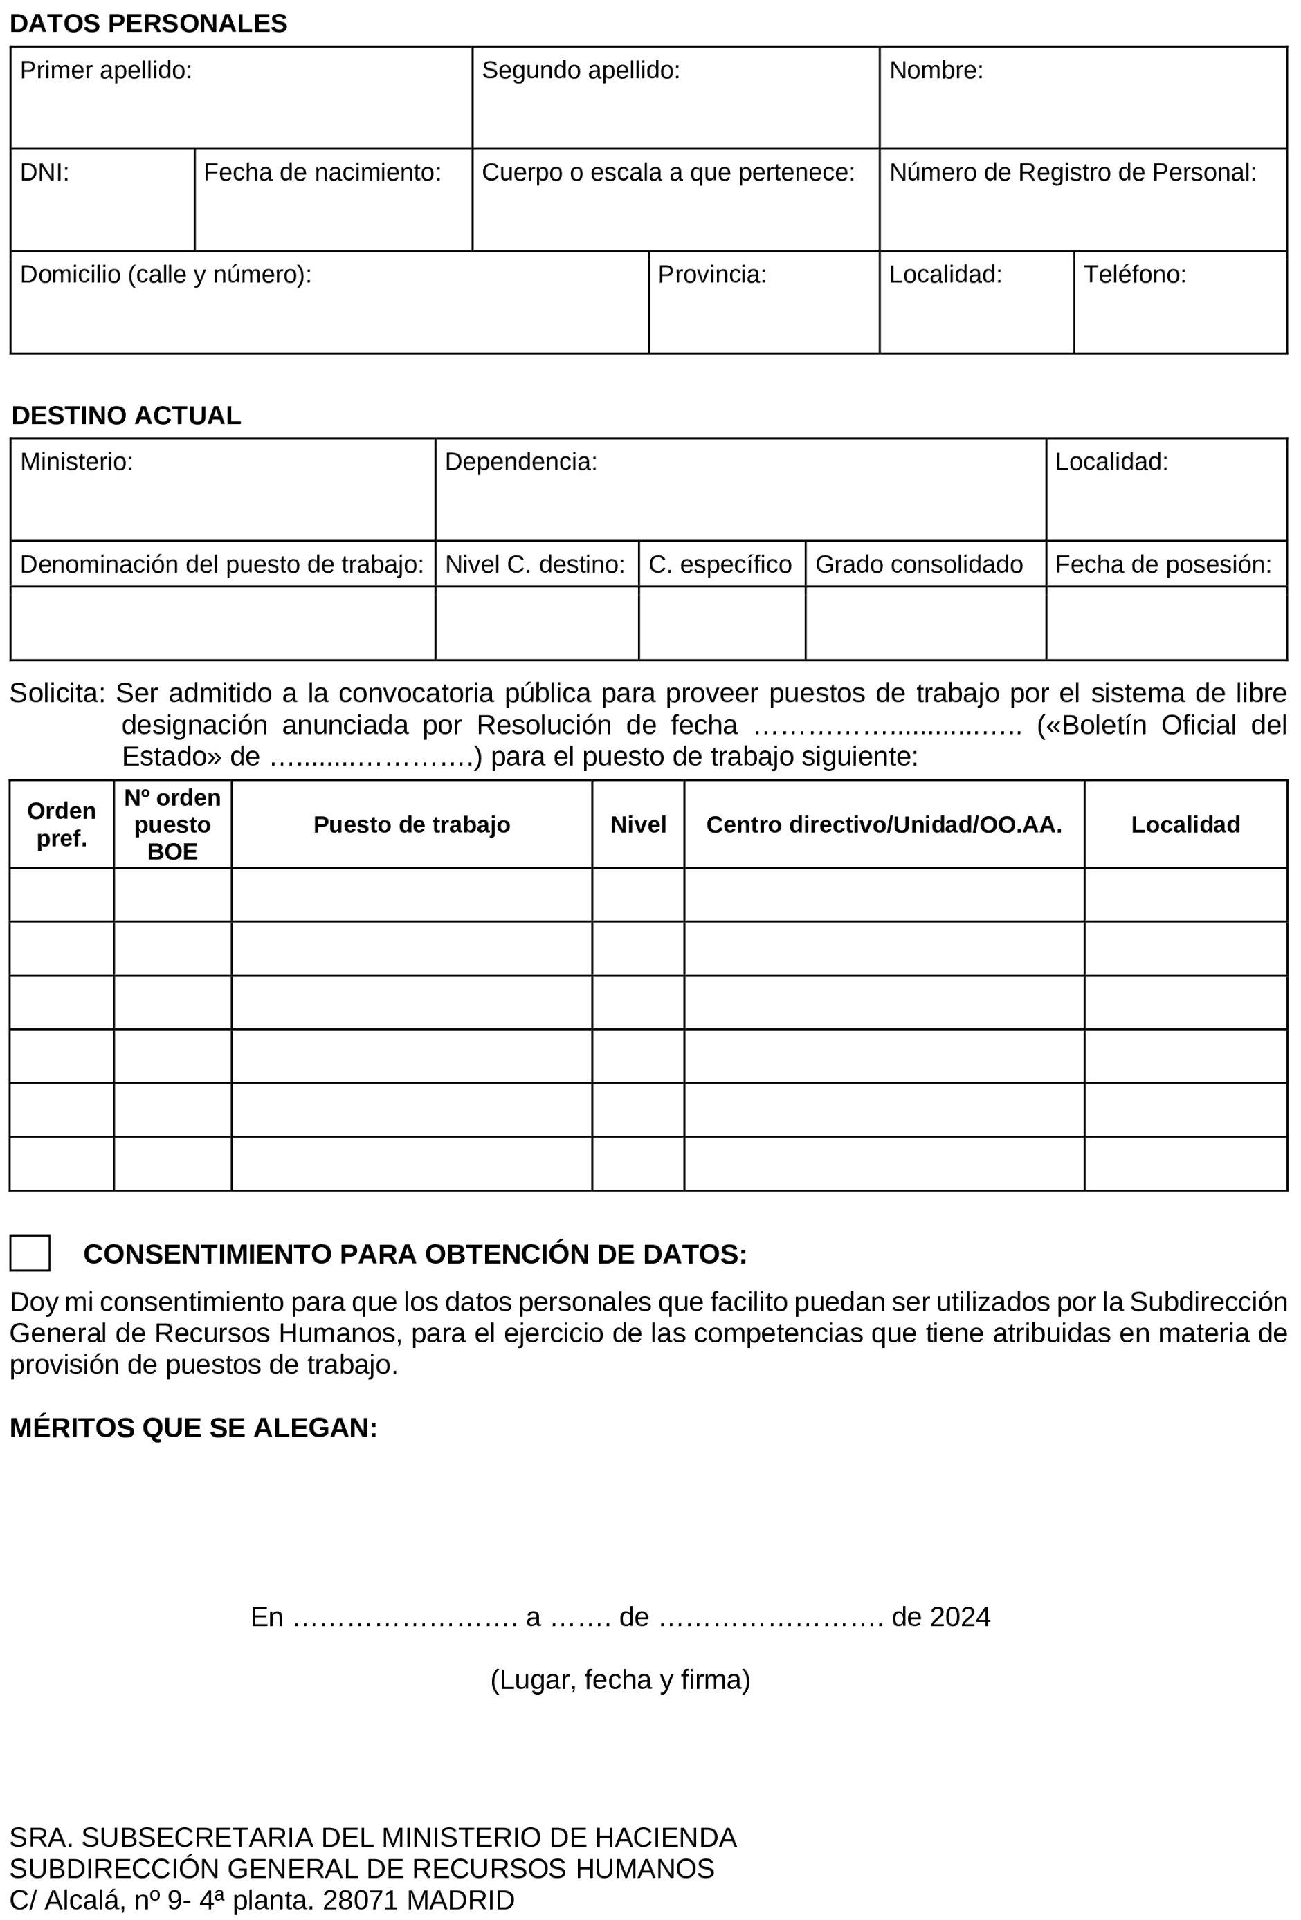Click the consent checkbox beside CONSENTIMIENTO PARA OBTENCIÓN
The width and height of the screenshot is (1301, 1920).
pos(30,1253)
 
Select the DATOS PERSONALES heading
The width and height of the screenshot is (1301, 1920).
pos(148,23)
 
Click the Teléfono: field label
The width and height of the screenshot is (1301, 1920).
pos(1134,275)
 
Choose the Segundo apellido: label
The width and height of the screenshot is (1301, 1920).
pos(580,71)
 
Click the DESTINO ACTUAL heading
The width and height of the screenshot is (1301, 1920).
pos(127,415)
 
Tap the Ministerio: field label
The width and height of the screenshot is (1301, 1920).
pos(76,461)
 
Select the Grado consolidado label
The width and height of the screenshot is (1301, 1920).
pos(918,564)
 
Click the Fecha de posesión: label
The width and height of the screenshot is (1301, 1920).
pos(1163,564)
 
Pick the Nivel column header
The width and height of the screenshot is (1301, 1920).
pos(637,824)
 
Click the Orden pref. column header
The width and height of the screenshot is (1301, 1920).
pos(61,824)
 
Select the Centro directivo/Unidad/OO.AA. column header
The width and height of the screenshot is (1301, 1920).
pos(883,824)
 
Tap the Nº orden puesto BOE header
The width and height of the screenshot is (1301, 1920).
pos(172,824)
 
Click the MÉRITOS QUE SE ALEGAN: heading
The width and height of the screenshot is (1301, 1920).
pos(193,1428)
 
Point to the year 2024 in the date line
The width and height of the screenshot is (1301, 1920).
pos(960,1617)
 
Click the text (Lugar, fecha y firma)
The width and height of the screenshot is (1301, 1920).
pos(620,1679)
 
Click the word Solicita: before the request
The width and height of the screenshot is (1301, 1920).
pos(57,692)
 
